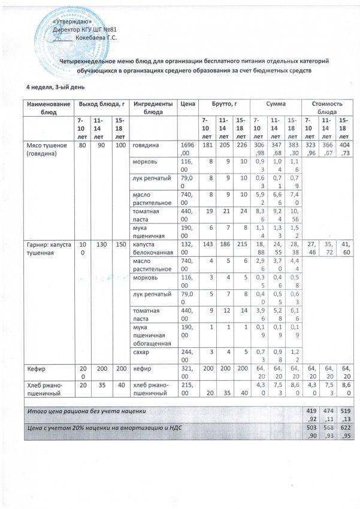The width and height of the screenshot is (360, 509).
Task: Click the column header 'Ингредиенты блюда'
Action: click(x=153, y=108)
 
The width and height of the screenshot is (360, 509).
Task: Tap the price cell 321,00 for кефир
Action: click(x=187, y=372)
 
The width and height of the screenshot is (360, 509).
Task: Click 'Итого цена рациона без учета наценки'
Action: click(x=87, y=412)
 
